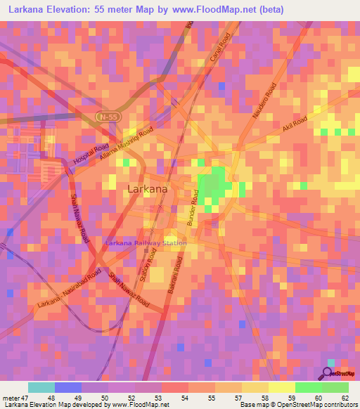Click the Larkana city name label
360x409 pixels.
coord(148,189)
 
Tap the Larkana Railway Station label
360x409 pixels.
coord(146,243)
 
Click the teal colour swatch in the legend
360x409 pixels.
coord(41,387)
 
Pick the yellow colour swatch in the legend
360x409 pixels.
coord(281,387)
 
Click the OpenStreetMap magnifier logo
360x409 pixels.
coord(329,372)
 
